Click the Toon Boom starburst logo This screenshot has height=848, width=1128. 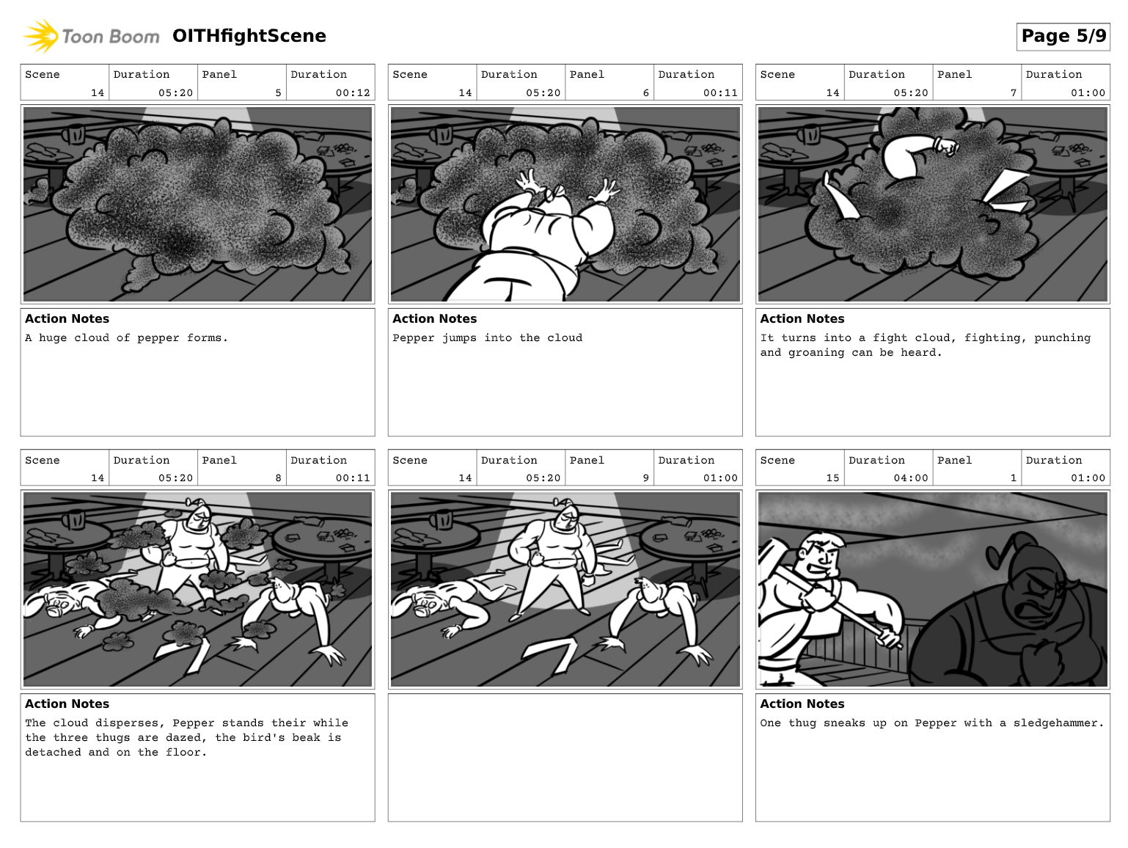coord(40,36)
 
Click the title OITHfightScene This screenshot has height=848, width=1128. coord(249,36)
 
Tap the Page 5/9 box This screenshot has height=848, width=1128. coord(1063,37)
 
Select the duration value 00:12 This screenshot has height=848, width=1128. coord(353,93)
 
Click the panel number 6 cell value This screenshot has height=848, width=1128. coord(646,93)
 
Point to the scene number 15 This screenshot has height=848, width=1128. coord(832,478)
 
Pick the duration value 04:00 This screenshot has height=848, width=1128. coord(911,478)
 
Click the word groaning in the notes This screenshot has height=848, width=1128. coord(816,353)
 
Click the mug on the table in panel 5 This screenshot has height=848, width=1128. coord(74,134)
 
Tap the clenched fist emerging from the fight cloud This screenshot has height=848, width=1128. coord(946,146)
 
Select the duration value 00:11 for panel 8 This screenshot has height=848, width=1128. coord(353,478)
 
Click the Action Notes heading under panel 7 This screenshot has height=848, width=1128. coord(802,318)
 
